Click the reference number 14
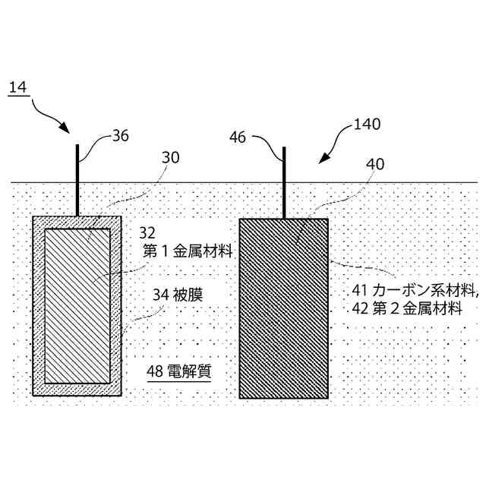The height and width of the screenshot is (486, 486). coord(17,88)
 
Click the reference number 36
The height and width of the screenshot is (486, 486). coord(120,137)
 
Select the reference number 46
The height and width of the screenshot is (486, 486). coord(237,137)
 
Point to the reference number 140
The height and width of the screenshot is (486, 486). coord(367,124)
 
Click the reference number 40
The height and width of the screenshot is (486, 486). coord(374,164)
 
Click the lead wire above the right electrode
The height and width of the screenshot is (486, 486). coord(284,182)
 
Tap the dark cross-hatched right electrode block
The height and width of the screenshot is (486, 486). coord(283,319)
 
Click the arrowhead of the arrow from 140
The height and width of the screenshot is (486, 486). coord(323,159)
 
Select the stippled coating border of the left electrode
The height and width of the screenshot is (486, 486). coord(38,304)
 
